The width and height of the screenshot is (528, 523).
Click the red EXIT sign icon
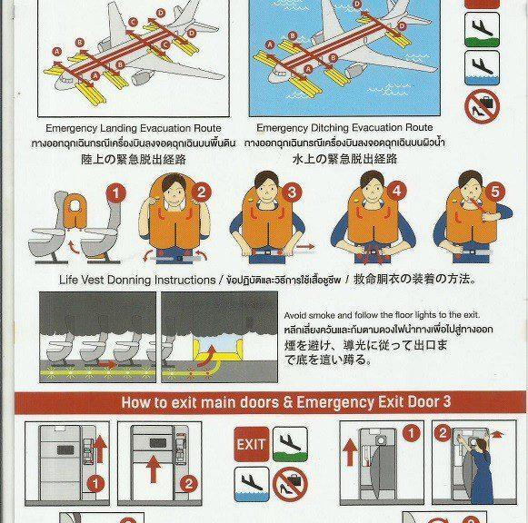coord(252,445)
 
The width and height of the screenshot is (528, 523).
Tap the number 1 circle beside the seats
coord(115,192)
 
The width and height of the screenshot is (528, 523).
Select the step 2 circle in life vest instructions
coord(203,192)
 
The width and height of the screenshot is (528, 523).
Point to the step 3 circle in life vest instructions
coord(292,192)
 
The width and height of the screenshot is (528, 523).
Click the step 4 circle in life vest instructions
coord(395,192)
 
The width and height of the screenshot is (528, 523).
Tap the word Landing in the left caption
coord(126,128)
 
